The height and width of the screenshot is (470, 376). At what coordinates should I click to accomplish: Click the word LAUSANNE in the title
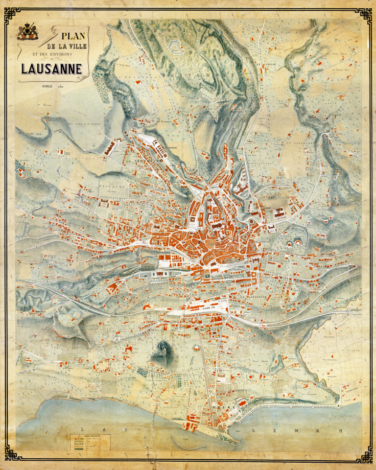pyautogui.click(x=51, y=69)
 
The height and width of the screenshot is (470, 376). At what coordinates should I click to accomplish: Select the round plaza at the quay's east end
pyautogui.click(x=338, y=405)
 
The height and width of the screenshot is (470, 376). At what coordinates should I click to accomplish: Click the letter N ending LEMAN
pyautogui.click(x=338, y=431)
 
